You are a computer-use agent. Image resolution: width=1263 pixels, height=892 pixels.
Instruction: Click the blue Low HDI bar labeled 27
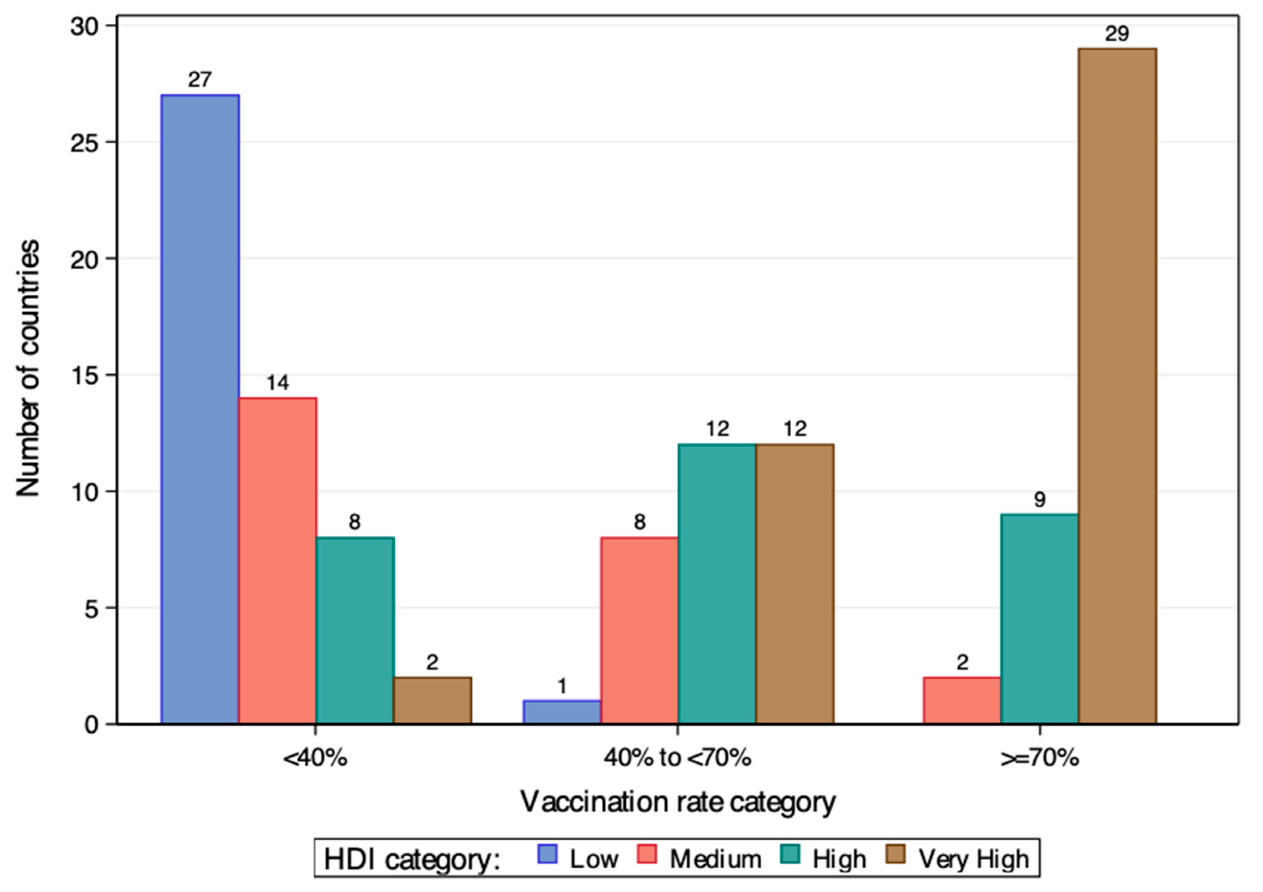coord(200,409)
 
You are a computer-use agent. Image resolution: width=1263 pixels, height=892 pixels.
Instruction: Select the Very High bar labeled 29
coord(1117,386)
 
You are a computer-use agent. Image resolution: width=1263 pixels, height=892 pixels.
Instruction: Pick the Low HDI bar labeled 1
coord(562,712)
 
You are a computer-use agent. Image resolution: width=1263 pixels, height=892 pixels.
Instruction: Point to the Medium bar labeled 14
coord(277,560)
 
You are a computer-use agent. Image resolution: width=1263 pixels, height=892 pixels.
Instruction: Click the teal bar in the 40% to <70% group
coord(717,584)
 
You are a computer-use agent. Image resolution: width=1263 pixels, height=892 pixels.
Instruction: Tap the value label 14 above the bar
coord(277,383)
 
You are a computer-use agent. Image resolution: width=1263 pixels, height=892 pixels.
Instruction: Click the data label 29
coord(1117,34)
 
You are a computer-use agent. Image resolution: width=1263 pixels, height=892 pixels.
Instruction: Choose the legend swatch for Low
coord(547,854)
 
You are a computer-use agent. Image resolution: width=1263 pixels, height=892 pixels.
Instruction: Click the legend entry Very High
coord(973,859)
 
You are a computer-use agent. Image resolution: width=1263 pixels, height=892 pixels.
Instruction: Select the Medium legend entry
coord(715,859)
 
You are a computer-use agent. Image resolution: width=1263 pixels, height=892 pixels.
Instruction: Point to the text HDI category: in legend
coord(412,859)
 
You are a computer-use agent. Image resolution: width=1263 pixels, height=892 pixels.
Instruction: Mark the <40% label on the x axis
coord(315,759)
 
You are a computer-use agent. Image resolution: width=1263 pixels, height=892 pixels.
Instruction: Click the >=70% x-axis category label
coord(1039,759)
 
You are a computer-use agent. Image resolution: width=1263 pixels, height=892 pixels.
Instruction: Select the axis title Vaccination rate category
coord(678,802)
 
